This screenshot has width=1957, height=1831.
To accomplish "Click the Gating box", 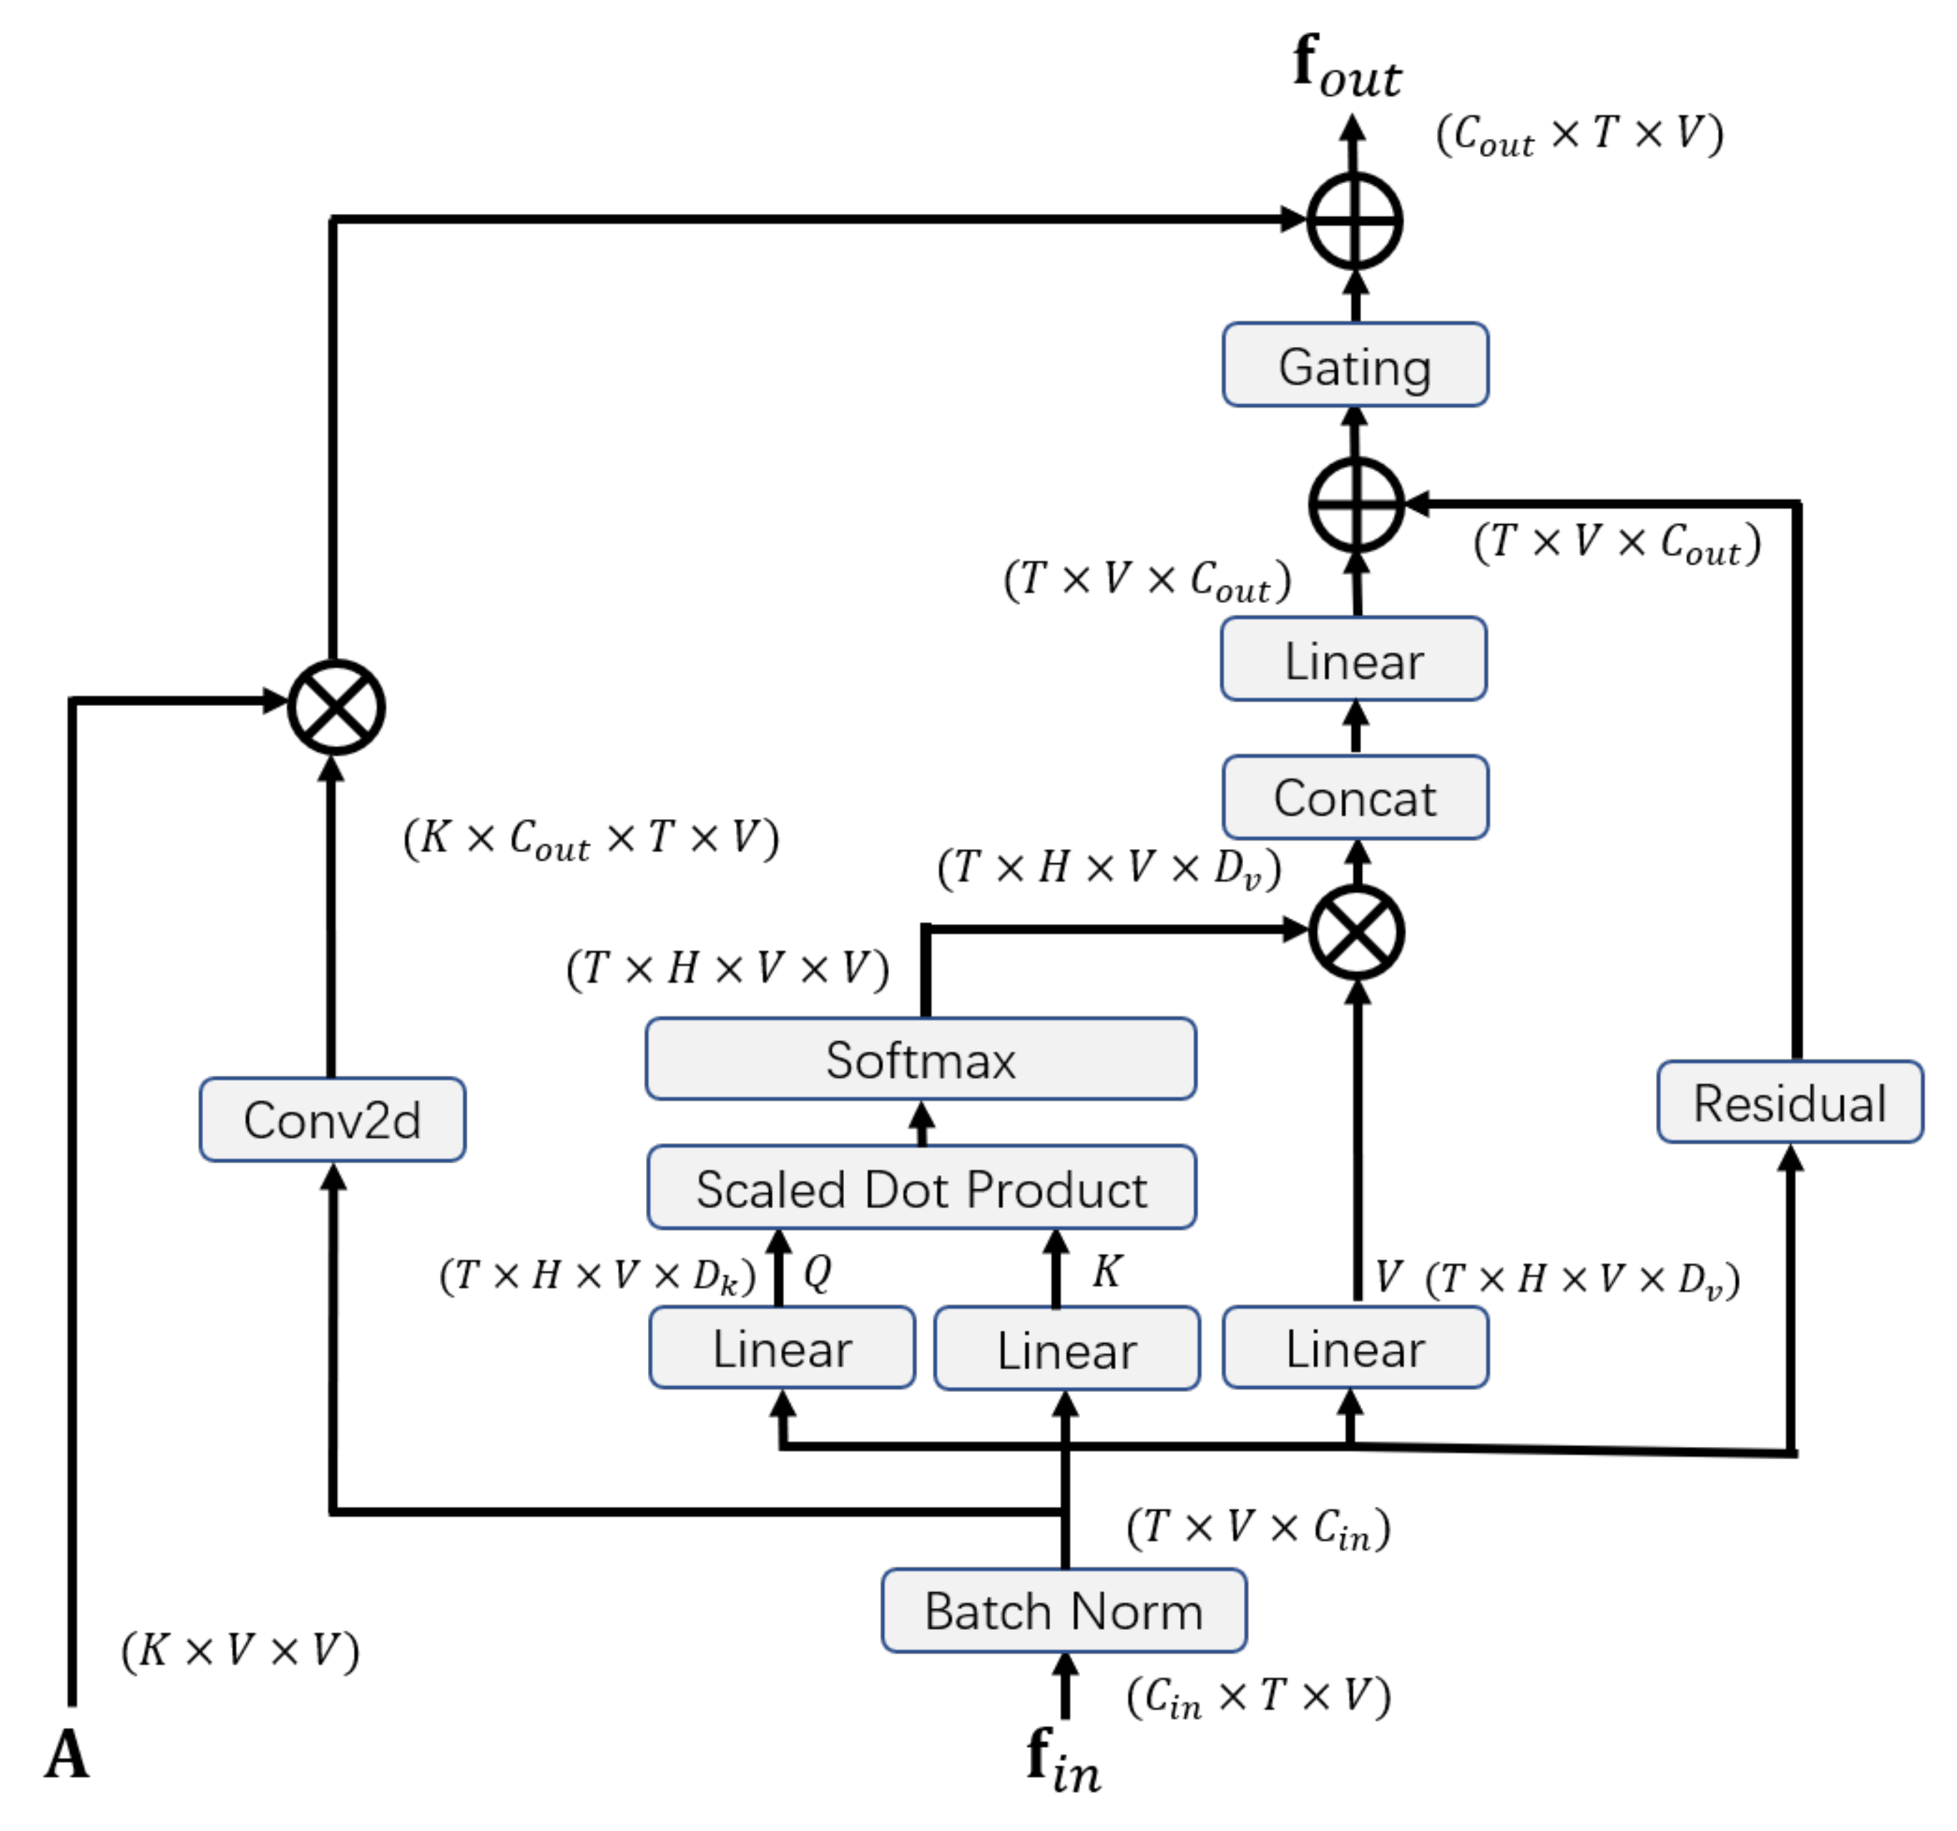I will click(x=1355, y=365).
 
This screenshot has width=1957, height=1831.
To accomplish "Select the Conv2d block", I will click(x=332, y=1119).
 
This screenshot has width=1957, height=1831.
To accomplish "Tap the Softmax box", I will click(x=921, y=1059).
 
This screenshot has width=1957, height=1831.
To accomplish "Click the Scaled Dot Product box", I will click(x=921, y=1187).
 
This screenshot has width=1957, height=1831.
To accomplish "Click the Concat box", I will click(x=1355, y=797).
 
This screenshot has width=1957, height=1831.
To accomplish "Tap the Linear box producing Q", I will click(x=782, y=1348).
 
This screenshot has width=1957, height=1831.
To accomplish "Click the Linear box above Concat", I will click(x=1353, y=659).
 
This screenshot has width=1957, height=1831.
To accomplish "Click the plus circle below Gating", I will click(x=1355, y=504).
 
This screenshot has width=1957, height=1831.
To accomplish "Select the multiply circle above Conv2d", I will click(x=335, y=707).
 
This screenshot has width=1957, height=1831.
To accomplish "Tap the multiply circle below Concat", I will click(x=1355, y=932).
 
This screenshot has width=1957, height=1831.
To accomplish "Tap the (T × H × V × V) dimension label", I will click(x=727, y=968).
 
